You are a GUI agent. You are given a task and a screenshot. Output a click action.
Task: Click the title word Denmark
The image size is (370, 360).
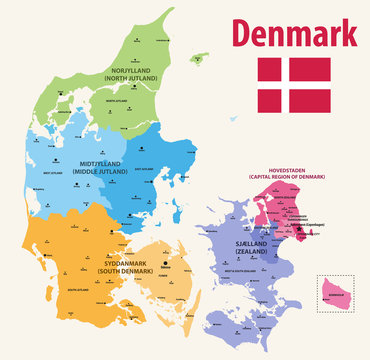tap(296, 36)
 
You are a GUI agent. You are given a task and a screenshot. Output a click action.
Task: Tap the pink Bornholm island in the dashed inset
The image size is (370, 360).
tap(335, 291)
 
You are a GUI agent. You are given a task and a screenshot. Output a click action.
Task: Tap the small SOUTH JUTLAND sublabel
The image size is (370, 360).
tap(76, 290)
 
